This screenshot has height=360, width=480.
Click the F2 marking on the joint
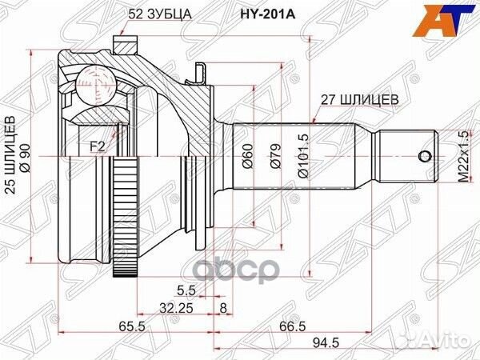point(97,146)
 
